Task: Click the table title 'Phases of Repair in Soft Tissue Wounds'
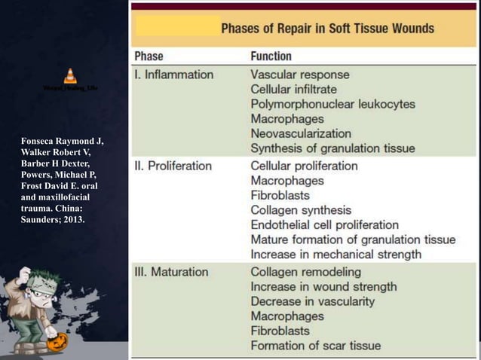pos(327,29)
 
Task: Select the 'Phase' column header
pos(149,56)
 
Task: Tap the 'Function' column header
pos(271,56)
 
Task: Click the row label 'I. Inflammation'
pos(173,75)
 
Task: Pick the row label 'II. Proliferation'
pos(176,166)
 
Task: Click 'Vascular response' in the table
pos(299,75)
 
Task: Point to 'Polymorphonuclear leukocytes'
pos(332,104)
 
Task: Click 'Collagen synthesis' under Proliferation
pos(301,210)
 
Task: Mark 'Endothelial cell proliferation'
pos(325,225)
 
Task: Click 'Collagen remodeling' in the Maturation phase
pos(305,271)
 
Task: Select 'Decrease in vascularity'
pos(312,301)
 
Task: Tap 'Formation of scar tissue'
pos(315,346)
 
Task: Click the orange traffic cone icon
pos(70,76)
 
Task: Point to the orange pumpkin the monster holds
pos(57,343)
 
